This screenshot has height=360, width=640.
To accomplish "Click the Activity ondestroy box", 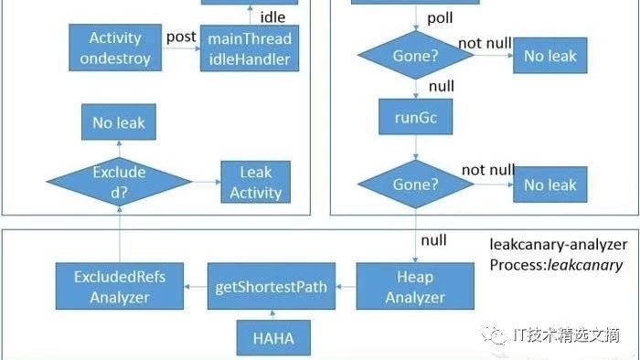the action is coord(115,48).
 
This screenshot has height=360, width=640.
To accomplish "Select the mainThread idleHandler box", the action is coord(250,48).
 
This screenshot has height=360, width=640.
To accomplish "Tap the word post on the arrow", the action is coord(181,37).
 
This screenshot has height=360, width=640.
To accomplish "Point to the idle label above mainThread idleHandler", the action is coord(272,17).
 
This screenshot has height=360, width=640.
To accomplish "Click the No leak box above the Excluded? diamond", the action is coord(119,122).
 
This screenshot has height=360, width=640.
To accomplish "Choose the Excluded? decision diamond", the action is coord(119,182).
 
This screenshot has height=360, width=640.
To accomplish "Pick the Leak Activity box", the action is coord(255,182).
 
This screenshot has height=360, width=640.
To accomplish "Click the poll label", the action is coord(440,18).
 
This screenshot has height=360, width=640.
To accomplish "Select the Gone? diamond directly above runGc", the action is coord(415,55).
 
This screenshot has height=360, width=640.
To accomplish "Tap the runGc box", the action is coord(415,117).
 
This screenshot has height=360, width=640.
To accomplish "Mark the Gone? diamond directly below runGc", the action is coord(415,185).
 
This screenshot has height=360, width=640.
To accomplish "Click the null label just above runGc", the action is coord(442,86).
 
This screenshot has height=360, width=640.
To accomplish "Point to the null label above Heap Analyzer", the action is coord(433,240).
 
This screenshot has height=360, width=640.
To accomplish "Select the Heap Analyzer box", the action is coord(415,286).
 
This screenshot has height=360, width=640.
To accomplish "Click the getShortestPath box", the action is coord(272,286).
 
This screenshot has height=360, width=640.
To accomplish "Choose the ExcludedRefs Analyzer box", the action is coord(120,286).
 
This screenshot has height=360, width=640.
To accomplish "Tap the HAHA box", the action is coord(273,337).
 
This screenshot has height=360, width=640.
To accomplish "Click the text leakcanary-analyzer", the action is coord(559,245).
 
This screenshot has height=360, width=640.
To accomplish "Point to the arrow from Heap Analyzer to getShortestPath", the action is coord(347,287).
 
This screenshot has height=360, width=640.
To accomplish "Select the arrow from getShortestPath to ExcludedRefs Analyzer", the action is coord(196,287).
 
